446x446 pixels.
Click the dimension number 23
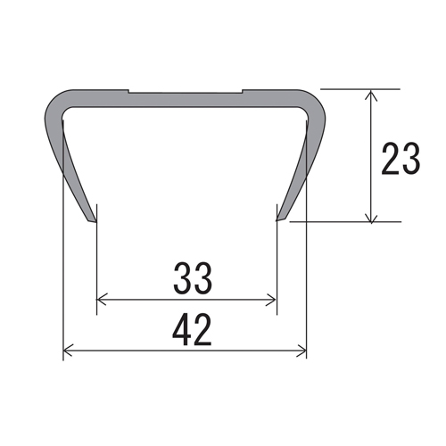click(x=401, y=158)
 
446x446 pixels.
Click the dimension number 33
click(x=193, y=278)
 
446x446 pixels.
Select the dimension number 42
click(x=192, y=330)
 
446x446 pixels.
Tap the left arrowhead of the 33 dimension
click(x=102, y=300)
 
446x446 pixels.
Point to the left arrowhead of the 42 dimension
click(x=68, y=351)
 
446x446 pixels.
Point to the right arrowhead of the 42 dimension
click(x=301, y=351)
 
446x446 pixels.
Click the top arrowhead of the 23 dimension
click(x=370, y=95)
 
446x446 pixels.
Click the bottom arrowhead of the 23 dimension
click(x=370, y=216)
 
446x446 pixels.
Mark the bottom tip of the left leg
click(x=95, y=222)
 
